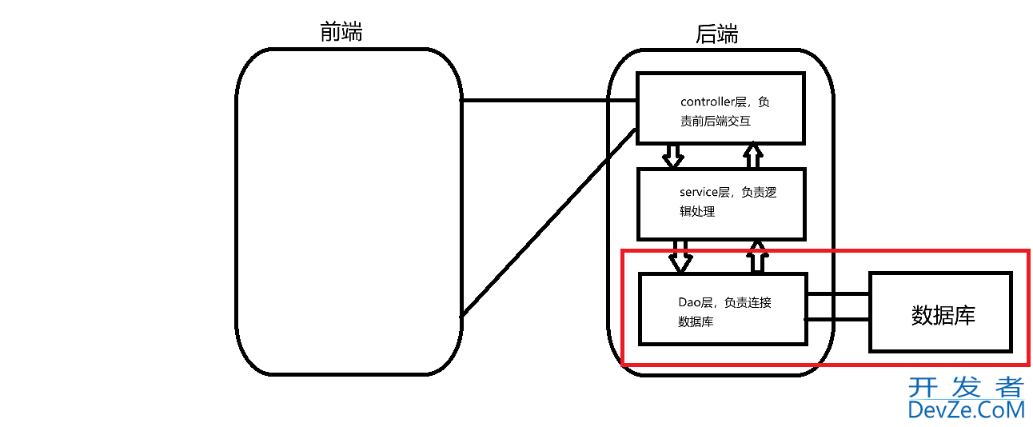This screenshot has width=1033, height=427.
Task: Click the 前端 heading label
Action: point(341,32)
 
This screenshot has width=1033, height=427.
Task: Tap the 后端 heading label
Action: point(716,34)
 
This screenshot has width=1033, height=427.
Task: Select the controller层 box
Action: point(720,108)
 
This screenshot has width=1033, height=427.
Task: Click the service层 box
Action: point(720,203)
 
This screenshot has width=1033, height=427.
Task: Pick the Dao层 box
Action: point(722,309)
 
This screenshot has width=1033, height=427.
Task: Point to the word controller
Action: point(707,102)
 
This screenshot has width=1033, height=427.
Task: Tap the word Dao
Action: point(689,303)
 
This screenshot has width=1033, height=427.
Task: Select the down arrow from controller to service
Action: point(673,156)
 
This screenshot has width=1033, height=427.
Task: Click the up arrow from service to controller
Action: point(752,156)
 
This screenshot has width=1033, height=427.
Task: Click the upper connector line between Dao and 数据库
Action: point(837,294)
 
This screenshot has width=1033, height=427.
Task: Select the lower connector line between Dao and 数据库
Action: point(837,320)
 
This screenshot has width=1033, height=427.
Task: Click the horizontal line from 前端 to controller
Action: point(548,102)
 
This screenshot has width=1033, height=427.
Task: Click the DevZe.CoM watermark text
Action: point(966,410)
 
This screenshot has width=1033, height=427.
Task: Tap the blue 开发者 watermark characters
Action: point(966,387)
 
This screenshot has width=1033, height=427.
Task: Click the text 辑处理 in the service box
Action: point(696,212)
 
